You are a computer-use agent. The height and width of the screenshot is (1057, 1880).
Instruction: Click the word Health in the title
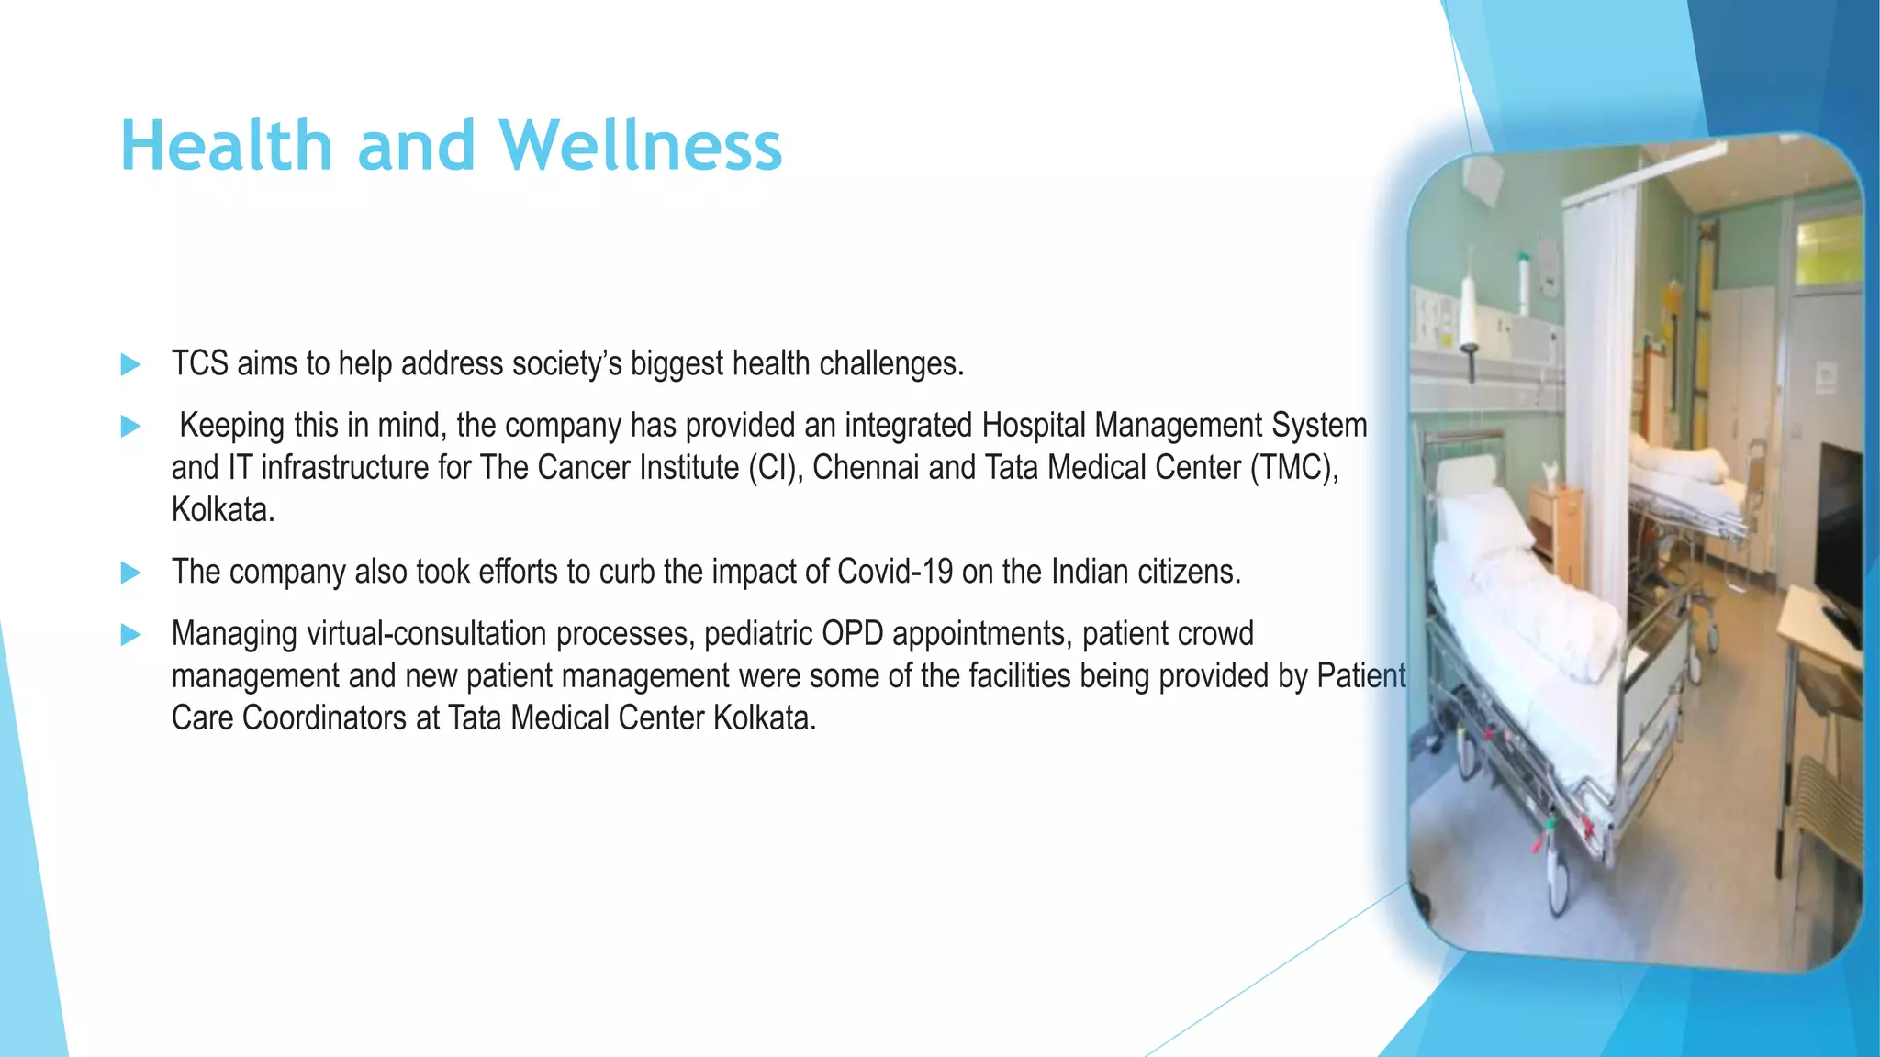click(226, 146)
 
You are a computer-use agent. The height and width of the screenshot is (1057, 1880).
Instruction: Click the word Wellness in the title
click(641, 146)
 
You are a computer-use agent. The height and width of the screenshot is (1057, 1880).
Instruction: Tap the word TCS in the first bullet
click(199, 364)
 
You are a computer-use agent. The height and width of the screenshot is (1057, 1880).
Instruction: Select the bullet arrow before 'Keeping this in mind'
click(130, 427)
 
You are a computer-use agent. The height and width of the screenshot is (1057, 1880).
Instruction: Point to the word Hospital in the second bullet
click(1034, 426)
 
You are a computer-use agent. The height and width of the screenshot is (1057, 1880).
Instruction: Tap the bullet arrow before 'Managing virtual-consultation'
click(130, 634)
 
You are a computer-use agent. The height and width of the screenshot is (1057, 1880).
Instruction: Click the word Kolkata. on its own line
click(223, 510)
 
